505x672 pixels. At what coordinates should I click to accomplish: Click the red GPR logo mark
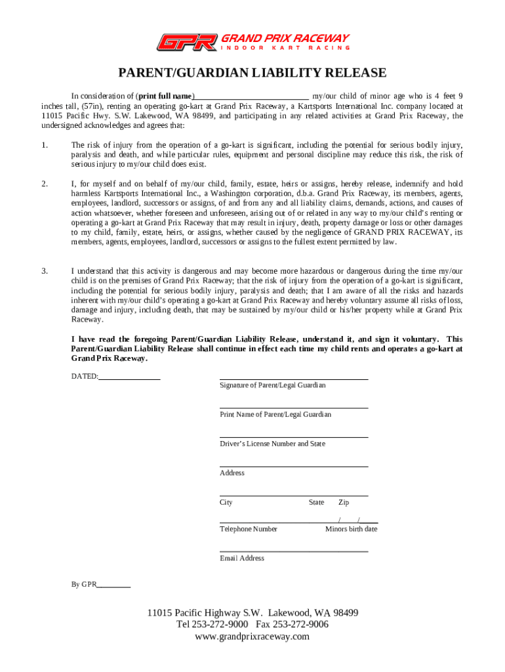pos(186,43)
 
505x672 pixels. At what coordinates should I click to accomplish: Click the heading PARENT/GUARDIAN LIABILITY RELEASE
pos(253,73)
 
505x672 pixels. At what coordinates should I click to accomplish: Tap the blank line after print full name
pos(251,96)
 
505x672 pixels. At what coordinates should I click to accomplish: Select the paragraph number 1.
pos(44,145)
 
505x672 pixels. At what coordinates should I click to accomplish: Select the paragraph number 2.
pos(44,184)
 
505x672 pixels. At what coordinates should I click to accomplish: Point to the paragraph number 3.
pos(44,270)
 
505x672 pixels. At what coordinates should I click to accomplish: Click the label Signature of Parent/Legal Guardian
pos(272,385)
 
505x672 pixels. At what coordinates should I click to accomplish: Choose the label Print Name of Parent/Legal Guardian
pos(275,415)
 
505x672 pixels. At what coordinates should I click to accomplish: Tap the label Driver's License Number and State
pos(272,444)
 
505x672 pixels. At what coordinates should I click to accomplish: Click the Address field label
pos(232,473)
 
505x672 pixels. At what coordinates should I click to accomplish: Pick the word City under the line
pos(226,503)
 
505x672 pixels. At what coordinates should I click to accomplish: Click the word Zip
pos(344,503)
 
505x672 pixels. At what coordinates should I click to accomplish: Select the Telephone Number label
pos(249,529)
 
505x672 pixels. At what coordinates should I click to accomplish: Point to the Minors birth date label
pos(352,529)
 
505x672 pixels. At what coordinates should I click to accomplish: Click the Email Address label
pos(242,558)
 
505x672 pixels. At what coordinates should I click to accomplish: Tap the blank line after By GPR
pos(114,584)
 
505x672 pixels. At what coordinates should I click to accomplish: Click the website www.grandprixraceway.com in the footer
pos(253,637)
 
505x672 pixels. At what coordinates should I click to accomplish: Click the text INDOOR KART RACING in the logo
pos(285,47)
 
